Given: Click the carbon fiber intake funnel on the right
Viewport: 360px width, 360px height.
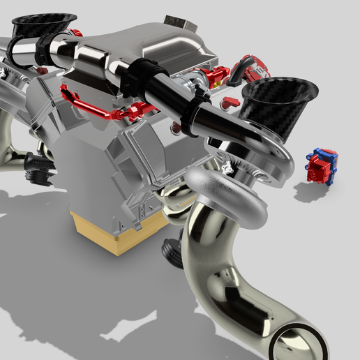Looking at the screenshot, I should (x=279, y=105).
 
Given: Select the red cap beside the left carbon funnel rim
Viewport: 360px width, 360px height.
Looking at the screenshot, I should (x=77, y=33).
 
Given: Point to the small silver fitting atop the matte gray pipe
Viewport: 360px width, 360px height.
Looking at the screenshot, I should (x=225, y=167).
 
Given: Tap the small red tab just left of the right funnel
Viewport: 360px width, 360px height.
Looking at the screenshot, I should (x=231, y=102).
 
